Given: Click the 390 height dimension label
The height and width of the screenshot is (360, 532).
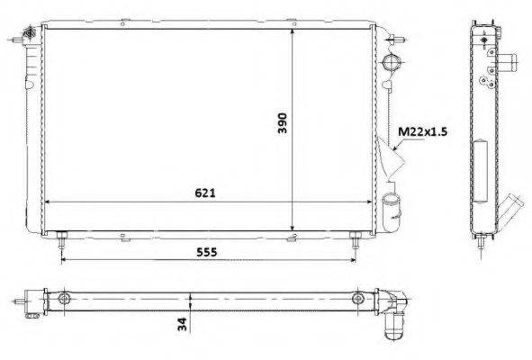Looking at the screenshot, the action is [x=283, y=123].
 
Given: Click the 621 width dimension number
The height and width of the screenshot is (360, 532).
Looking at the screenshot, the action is [x=205, y=193].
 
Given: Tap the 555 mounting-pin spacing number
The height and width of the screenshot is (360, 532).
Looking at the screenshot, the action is [x=207, y=252].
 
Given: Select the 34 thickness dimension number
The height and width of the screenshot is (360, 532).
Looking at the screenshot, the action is [x=182, y=324].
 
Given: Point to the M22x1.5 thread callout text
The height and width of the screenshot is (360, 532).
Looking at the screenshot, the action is [x=422, y=131].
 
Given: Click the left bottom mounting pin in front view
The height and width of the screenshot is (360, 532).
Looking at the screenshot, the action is [x=61, y=240].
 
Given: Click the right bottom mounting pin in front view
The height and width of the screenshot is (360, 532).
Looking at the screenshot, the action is [x=355, y=240].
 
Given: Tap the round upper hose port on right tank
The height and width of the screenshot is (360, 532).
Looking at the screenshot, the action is [x=392, y=62].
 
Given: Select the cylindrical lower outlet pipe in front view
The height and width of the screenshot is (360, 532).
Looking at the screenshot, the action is [x=392, y=213].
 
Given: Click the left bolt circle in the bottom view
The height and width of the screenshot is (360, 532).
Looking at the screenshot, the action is [x=63, y=299].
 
